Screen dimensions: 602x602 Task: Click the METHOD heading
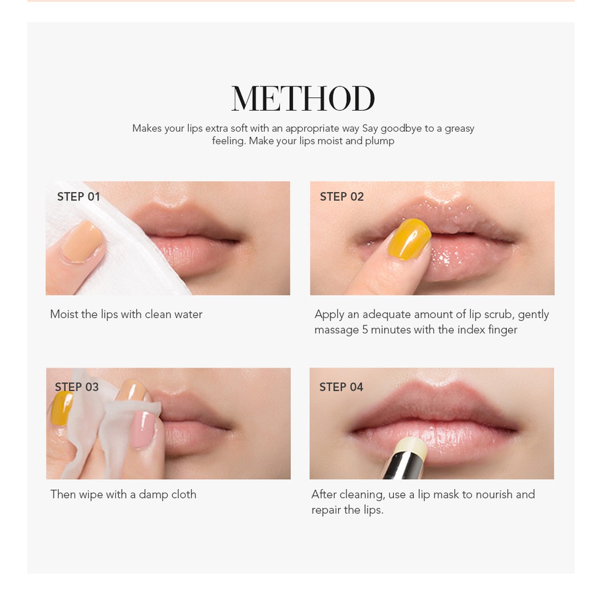[x=303, y=99]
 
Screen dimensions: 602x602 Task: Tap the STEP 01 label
[x=78, y=197]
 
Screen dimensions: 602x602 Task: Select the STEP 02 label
[x=342, y=197]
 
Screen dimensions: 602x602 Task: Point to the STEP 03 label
[x=76, y=387]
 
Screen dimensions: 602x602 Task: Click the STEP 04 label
[x=341, y=387]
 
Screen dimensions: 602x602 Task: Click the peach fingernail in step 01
[x=83, y=241]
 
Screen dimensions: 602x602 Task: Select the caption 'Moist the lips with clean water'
[x=126, y=315]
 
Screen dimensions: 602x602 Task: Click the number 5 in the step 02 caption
[x=364, y=330]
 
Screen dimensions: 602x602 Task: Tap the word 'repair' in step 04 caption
[x=326, y=510]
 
